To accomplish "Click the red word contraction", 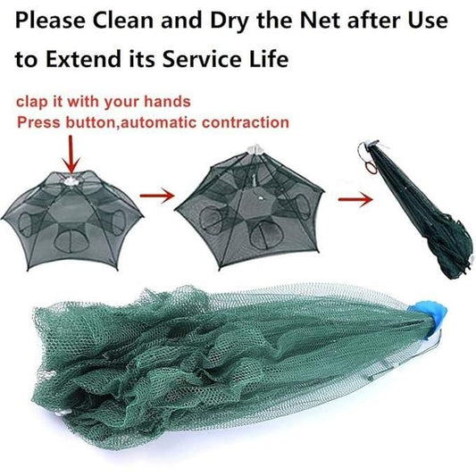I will tap(240, 121).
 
